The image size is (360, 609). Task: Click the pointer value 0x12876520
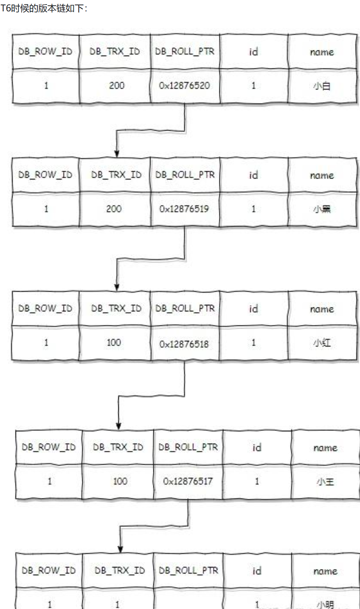(x=184, y=85)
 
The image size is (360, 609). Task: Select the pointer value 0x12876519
(x=184, y=209)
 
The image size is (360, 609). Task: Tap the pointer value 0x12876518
(x=184, y=344)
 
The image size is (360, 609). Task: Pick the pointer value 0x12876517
(x=188, y=481)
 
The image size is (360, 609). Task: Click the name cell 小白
(x=322, y=86)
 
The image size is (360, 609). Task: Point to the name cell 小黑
(x=322, y=209)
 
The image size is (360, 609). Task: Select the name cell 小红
(x=322, y=343)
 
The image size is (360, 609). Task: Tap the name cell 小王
(x=325, y=482)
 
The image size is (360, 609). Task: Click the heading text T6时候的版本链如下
(x=44, y=8)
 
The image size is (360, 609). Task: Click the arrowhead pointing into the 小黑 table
(x=117, y=153)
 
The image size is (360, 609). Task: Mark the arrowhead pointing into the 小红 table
(x=117, y=287)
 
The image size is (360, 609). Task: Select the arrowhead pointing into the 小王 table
(x=119, y=425)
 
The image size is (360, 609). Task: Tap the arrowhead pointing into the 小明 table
(x=120, y=548)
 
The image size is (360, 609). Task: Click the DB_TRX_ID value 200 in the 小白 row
(x=116, y=85)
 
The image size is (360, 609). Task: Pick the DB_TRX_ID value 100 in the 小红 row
(x=113, y=343)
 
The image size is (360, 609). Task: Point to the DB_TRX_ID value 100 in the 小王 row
(x=120, y=481)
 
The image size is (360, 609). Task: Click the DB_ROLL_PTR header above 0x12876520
(x=185, y=51)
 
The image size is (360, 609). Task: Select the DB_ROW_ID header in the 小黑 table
(x=45, y=175)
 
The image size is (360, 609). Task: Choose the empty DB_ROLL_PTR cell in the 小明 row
(x=188, y=601)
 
